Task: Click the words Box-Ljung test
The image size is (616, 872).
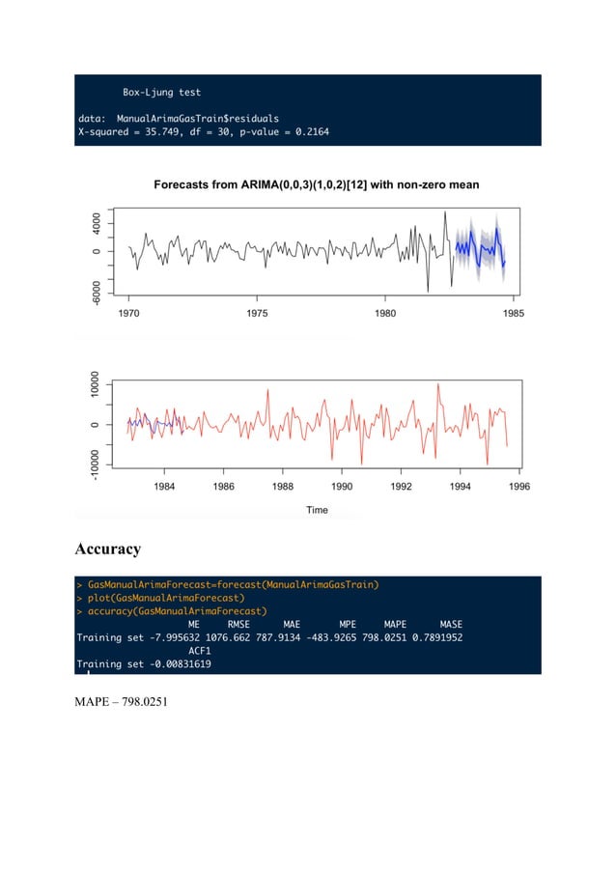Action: pyautogui.click(x=161, y=93)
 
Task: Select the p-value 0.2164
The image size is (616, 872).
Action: pyautogui.click(x=306, y=131)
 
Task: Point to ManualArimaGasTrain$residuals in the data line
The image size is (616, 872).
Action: pyautogui.click(x=205, y=118)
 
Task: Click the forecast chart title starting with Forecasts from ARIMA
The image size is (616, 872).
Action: pyautogui.click(x=317, y=183)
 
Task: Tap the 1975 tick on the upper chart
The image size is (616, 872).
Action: pyautogui.click(x=257, y=313)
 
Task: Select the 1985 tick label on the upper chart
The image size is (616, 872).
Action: pyautogui.click(x=513, y=313)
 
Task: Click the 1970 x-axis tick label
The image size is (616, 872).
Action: pyautogui.click(x=128, y=313)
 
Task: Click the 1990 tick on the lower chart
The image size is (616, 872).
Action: pyautogui.click(x=342, y=487)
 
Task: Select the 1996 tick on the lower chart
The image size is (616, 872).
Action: pyautogui.click(x=519, y=487)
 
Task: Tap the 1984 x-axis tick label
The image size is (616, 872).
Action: pyautogui.click(x=164, y=487)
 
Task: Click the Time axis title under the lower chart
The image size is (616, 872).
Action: pyautogui.click(x=317, y=510)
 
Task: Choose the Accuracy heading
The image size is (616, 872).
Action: pyautogui.click(x=108, y=549)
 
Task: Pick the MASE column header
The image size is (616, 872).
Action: pyautogui.click(x=451, y=624)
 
